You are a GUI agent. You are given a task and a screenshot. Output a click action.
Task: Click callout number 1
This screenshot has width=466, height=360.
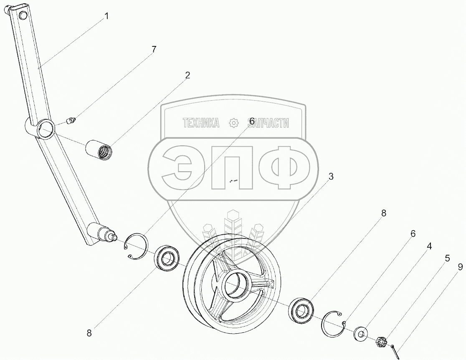coord(106,16)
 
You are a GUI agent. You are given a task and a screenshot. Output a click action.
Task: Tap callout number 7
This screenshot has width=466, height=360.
coord(153,50)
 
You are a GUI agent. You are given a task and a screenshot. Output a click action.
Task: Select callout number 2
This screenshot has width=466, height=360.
coord(187,76)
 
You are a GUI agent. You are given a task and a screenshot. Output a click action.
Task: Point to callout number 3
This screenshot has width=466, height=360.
coord(330,177)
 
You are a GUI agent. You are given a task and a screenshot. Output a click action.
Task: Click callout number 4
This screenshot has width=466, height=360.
coord(429,246)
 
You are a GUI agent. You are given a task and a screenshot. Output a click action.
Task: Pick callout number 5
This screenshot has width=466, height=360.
coord(447,258)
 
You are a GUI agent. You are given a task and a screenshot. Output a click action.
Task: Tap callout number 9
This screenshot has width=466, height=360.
coord(460,267)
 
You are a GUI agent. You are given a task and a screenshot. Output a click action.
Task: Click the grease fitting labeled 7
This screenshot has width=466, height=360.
coord(71,121)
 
